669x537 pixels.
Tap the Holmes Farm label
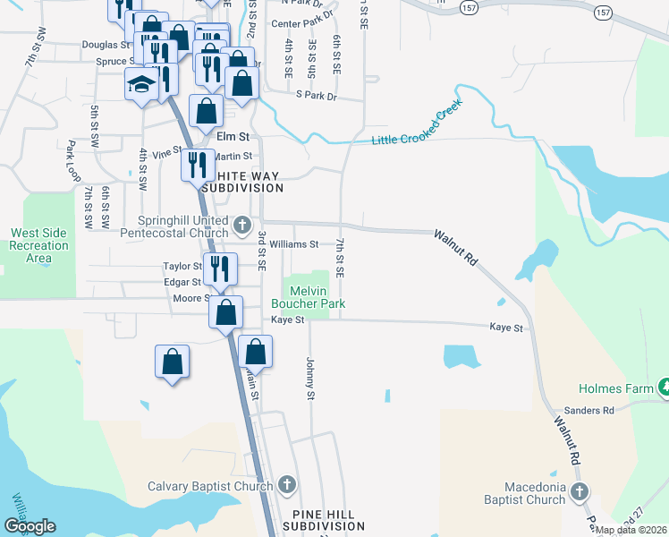click(x=616, y=388)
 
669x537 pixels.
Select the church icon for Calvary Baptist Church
click(x=287, y=486)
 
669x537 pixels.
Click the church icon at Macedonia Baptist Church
click(x=580, y=491)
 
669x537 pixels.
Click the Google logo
click(x=30, y=526)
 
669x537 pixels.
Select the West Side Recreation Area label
click(x=38, y=245)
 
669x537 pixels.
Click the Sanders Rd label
click(x=596, y=411)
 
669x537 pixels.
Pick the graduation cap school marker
click(x=141, y=84)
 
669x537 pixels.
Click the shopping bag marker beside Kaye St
click(x=226, y=312)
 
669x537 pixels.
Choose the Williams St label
click(x=294, y=243)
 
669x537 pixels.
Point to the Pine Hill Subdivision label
click(x=318, y=521)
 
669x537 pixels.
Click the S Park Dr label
click(x=320, y=95)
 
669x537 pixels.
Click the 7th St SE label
click(x=340, y=257)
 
